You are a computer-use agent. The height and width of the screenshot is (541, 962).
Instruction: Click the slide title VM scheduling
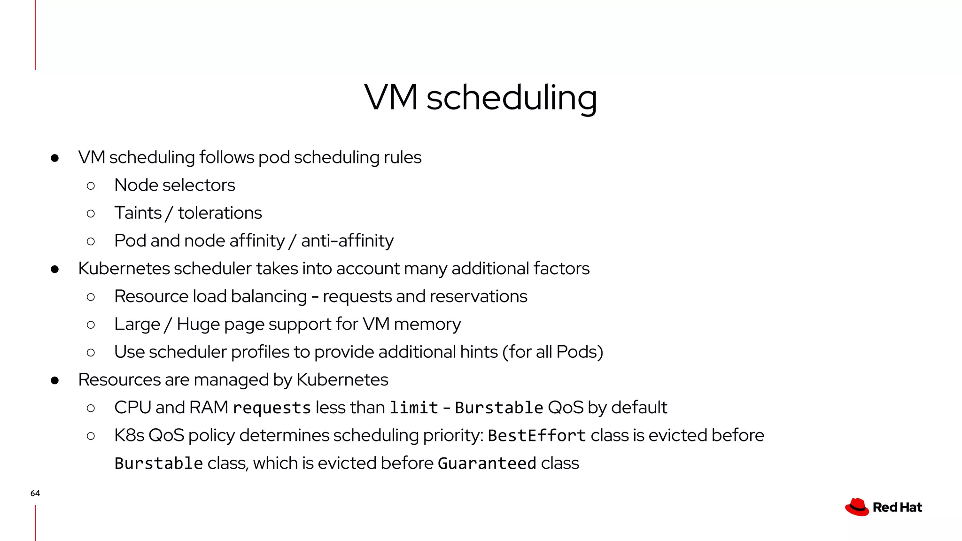tap(481, 97)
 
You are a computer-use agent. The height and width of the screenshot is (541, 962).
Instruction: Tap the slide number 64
tap(35, 493)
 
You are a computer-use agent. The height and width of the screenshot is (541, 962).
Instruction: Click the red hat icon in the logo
tap(857, 507)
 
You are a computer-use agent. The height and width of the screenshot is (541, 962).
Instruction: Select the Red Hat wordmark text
tap(897, 508)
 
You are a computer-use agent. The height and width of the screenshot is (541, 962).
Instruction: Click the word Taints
tap(138, 213)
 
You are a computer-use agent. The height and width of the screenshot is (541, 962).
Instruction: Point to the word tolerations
tap(220, 213)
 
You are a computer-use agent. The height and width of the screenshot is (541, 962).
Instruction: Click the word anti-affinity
tap(347, 240)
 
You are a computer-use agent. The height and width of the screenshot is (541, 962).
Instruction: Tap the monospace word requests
tap(272, 408)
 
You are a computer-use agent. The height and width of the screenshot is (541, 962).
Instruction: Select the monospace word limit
tap(413, 408)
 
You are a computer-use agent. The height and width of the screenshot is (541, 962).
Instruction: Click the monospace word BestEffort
tap(536, 435)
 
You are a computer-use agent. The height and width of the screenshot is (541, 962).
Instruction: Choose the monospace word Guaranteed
tap(487, 464)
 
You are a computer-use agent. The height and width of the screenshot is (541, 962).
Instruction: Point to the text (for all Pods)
tap(552, 352)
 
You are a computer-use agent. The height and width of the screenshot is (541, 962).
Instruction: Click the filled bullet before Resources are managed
tap(55, 380)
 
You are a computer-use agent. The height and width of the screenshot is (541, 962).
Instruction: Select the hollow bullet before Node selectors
tap(91, 185)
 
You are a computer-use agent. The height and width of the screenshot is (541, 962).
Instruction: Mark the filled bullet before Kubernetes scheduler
tap(55, 269)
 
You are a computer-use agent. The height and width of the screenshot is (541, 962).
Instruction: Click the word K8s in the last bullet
tap(129, 435)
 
